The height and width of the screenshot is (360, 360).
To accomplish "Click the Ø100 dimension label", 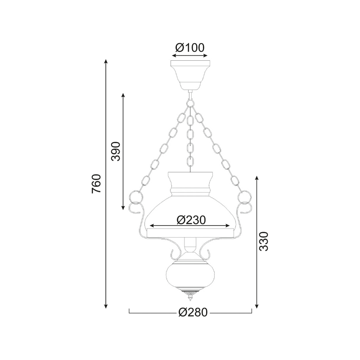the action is (189, 48).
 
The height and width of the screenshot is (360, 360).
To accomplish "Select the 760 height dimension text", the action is (96, 184).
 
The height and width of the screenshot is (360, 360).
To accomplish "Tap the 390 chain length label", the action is (116, 151).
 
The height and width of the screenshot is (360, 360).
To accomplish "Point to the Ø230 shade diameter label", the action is (191, 220).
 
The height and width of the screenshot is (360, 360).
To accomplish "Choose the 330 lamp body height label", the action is (263, 241).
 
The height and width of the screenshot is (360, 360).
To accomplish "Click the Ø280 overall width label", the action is (193, 312).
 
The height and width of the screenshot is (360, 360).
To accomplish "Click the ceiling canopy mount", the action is (190, 75).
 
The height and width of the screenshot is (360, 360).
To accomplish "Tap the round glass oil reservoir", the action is (190, 275).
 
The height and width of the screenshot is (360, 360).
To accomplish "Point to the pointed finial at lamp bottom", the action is (190, 297).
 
